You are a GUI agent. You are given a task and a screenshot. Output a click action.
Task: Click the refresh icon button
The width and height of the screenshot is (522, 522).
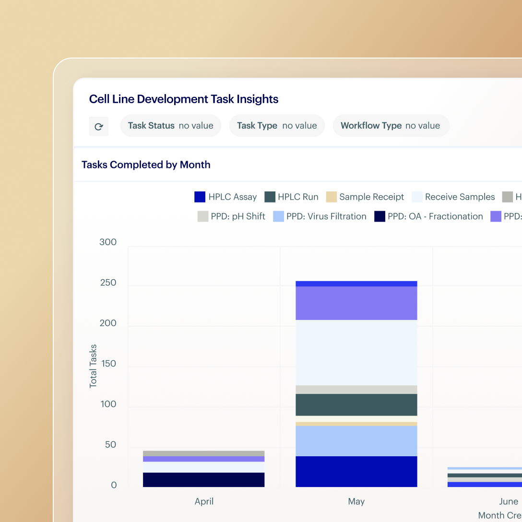pyautogui.click(x=99, y=127)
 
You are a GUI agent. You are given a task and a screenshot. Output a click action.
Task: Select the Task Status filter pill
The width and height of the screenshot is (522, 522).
pyautogui.click(x=170, y=126)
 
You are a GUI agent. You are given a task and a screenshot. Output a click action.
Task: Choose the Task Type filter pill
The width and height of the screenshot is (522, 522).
pyautogui.click(x=277, y=126)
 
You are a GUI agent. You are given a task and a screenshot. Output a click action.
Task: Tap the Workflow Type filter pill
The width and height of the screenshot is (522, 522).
pyautogui.click(x=390, y=126)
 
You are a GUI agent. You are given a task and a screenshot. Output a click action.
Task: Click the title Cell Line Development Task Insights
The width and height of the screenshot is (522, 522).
pyautogui.click(x=184, y=99)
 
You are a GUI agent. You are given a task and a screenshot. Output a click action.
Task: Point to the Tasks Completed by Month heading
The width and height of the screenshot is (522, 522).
pyautogui.click(x=146, y=165)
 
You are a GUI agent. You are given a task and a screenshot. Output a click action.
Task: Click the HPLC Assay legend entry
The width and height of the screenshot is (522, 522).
pyautogui.click(x=225, y=197)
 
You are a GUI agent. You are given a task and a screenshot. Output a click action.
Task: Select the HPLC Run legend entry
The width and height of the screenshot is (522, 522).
pyautogui.click(x=292, y=197)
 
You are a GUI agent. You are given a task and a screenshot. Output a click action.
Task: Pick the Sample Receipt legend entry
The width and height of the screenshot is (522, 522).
pyautogui.click(x=365, y=197)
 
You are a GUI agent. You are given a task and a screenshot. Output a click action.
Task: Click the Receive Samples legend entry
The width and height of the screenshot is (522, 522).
pyautogui.click(x=453, y=197)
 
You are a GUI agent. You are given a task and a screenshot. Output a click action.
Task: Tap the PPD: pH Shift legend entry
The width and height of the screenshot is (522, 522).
pyautogui.click(x=231, y=216)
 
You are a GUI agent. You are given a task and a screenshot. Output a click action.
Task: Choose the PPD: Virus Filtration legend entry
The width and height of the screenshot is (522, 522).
pyautogui.click(x=320, y=216)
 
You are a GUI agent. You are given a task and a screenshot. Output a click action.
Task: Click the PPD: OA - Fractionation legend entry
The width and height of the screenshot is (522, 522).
pyautogui.click(x=429, y=216)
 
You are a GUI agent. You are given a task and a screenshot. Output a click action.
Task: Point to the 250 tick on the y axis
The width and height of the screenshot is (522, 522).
pyautogui.click(x=108, y=283)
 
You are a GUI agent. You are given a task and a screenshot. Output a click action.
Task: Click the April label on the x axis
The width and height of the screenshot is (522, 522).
pyautogui.click(x=204, y=501)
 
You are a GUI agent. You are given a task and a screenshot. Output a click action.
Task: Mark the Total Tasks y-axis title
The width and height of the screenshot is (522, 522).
pyautogui.click(x=93, y=366)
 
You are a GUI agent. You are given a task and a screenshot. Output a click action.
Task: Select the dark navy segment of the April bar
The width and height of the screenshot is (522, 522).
pyautogui.click(x=204, y=480)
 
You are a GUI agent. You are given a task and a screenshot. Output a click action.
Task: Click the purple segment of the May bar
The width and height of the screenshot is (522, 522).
pyautogui.click(x=356, y=303)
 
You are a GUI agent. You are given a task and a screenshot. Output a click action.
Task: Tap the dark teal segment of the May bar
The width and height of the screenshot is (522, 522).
pyautogui.click(x=356, y=405)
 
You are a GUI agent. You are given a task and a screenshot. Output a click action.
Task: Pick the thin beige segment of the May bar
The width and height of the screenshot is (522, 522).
pyautogui.click(x=356, y=424)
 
